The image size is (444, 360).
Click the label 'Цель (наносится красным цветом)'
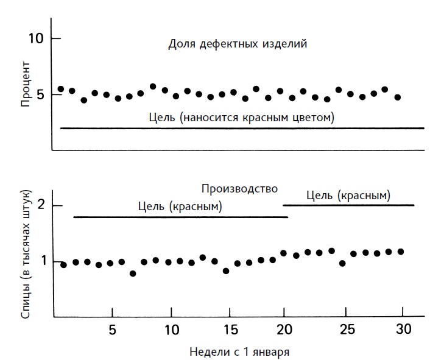point(242,116)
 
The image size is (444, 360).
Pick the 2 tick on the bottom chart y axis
point(41,205)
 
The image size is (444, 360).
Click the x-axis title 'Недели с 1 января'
point(240,351)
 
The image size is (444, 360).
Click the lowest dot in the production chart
point(133,274)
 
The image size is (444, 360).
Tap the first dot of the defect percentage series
point(60,89)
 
